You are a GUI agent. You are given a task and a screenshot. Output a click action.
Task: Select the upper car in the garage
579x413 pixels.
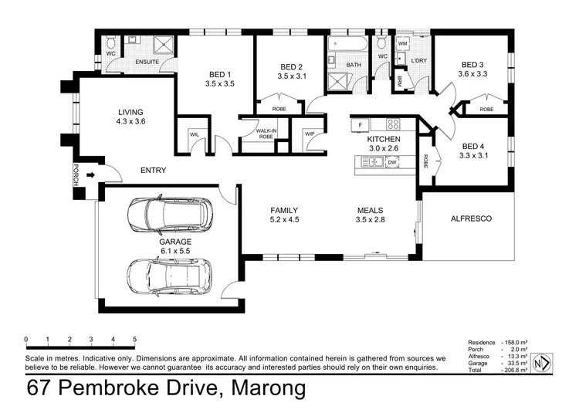[167, 215]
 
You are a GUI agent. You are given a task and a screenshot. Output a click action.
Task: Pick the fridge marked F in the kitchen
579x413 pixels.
[360, 124]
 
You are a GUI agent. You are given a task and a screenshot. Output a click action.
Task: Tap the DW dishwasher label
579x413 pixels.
[392, 162]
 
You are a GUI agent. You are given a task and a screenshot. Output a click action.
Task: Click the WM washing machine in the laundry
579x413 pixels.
[402, 45]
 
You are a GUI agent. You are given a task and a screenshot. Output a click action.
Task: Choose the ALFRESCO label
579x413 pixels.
[470, 218]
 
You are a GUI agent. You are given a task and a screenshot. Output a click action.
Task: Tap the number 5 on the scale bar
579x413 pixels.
[135, 339]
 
